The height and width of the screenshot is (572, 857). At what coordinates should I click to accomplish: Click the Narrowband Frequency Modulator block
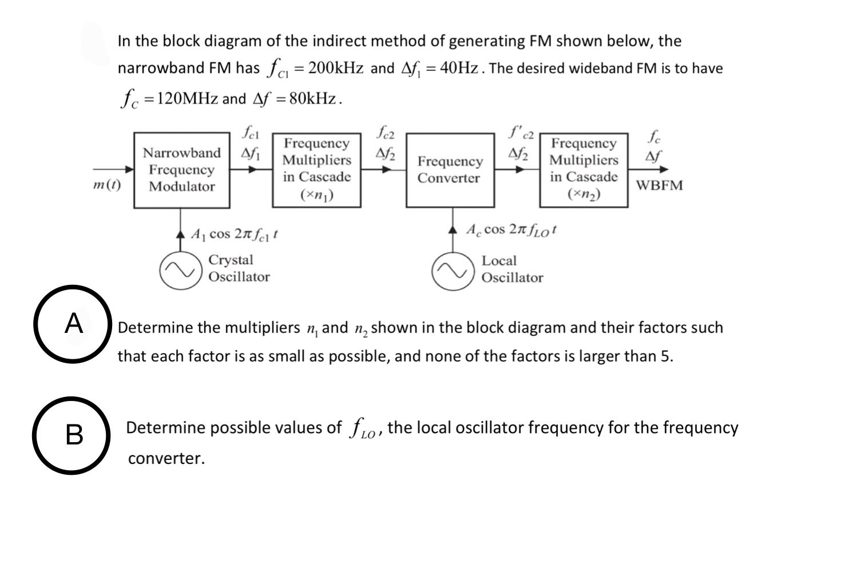(182, 170)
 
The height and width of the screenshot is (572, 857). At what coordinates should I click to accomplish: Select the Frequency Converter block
(450, 170)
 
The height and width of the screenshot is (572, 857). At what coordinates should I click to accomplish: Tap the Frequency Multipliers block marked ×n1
(316, 170)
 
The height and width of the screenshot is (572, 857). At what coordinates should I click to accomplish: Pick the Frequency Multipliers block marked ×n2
(584, 170)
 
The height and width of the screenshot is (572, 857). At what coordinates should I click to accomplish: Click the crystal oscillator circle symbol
(180, 270)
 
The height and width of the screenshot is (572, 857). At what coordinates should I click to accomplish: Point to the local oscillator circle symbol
(453, 271)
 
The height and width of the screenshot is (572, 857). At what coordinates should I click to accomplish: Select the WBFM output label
(659, 185)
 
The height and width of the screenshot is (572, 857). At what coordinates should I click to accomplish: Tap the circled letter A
(73, 324)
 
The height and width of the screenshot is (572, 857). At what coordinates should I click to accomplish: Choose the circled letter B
(73, 435)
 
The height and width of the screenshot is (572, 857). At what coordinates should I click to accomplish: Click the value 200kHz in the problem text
(335, 68)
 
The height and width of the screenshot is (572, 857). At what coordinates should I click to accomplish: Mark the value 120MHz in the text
(187, 98)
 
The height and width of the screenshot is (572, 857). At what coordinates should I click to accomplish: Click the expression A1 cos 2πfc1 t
(235, 234)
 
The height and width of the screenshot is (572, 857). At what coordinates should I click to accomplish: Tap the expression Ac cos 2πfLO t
(511, 230)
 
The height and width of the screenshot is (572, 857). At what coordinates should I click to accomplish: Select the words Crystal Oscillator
(239, 268)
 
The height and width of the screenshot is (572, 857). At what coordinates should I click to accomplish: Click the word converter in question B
(166, 458)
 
